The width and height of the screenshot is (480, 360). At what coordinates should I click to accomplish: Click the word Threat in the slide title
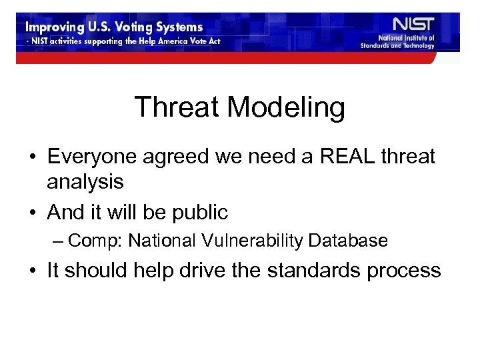(x=176, y=107)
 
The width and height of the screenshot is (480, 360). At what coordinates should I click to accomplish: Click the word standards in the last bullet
(x=317, y=270)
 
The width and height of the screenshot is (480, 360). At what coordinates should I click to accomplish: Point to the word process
(x=407, y=271)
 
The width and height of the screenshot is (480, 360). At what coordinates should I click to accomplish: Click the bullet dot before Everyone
(x=32, y=157)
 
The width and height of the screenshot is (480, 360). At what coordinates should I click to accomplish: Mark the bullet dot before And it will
(x=32, y=213)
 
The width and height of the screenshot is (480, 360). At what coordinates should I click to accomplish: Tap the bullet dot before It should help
(x=32, y=271)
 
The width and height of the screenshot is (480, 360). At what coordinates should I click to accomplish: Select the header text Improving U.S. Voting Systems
(x=114, y=28)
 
